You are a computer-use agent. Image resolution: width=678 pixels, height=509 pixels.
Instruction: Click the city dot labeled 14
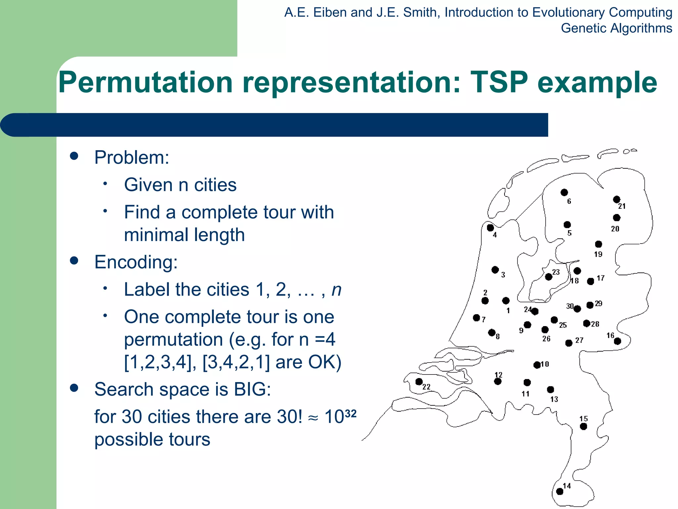click(559, 491)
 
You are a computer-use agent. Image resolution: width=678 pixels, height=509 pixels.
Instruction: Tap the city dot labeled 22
click(419, 381)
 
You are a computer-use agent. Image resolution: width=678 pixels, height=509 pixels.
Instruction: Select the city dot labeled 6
click(564, 192)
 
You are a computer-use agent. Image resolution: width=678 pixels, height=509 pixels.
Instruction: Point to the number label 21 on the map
click(622, 206)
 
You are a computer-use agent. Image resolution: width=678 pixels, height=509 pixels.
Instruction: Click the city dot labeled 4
click(490, 228)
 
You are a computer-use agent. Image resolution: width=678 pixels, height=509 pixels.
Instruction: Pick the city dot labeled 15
click(583, 426)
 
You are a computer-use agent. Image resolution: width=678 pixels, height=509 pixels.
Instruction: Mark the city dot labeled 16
click(617, 341)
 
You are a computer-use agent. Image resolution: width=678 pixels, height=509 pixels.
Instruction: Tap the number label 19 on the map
click(598, 254)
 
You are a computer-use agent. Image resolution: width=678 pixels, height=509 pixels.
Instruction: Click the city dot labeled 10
click(537, 365)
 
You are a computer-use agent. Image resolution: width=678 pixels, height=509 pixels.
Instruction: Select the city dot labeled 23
click(548, 277)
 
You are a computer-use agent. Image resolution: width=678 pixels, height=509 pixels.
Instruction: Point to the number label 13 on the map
click(554, 399)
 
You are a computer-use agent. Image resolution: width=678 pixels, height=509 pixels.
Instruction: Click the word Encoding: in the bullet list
click(136, 262)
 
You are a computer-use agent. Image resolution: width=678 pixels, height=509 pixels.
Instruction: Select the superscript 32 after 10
click(350, 414)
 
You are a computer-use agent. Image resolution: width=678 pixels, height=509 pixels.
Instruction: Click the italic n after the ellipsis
click(336, 290)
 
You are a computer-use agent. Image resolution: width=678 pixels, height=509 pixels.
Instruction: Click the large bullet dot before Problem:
click(74, 156)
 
